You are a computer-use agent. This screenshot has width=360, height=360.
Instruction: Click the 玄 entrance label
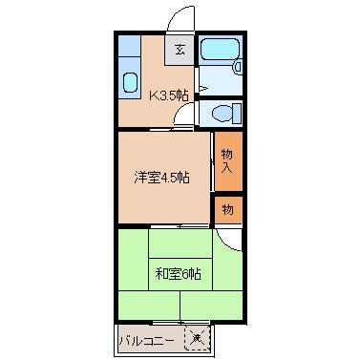pos(180,49)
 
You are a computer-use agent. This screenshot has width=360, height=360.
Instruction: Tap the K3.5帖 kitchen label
pos(170,94)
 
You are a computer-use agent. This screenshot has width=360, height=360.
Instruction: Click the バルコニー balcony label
pos(146,339)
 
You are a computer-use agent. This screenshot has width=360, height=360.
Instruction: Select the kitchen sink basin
pos(129,81)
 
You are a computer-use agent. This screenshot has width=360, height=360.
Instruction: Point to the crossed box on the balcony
pos(197,338)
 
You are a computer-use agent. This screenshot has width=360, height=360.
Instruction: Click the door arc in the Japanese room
pos(226,240)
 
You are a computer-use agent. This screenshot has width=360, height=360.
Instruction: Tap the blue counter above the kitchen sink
pos(129,50)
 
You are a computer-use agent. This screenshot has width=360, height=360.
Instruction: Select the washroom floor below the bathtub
pos(218,81)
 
